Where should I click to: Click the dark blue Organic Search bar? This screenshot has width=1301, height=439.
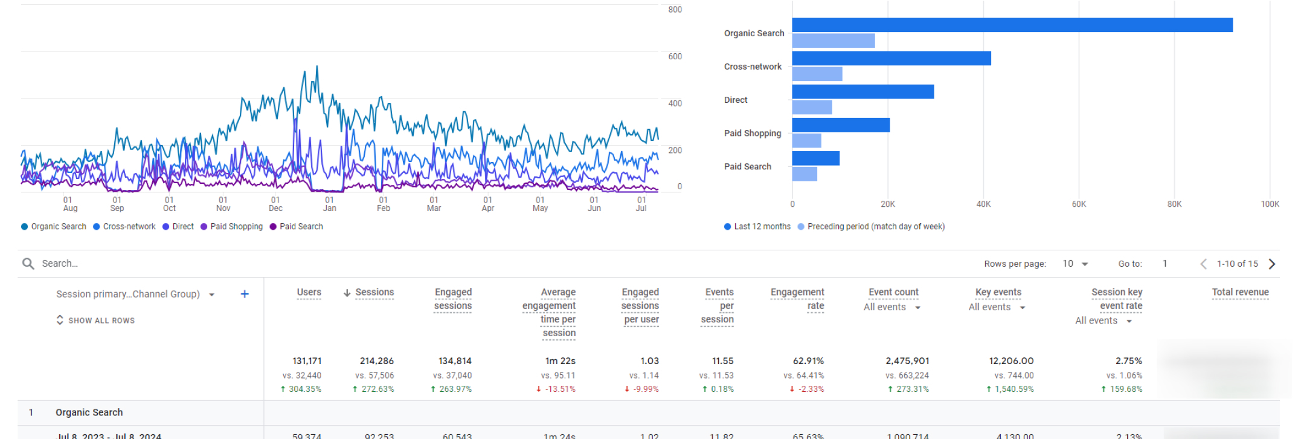click(x=1012, y=25)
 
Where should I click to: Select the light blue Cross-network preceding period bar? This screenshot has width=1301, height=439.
click(x=817, y=74)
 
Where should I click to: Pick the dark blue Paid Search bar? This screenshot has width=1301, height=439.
click(x=815, y=158)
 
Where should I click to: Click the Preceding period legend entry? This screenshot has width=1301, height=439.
click(x=871, y=227)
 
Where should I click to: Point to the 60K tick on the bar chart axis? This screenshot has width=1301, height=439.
click(x=1079, y=204)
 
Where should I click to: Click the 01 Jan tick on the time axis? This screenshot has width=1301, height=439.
click(x=329, y=204)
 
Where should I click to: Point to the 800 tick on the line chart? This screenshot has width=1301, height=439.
click(x=675, y=10)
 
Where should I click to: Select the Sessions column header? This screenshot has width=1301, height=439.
click(x=374, y=293)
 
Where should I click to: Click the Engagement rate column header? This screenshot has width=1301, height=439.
click(x=797, y=299)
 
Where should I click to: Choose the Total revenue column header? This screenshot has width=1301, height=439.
click(x=1240, y=293)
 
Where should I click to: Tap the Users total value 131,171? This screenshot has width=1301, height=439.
click(x=307, y=361)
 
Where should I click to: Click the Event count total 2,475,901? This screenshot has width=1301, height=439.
click(x=907, y=361)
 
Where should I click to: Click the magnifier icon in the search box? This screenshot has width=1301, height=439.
click(x=28, y=264)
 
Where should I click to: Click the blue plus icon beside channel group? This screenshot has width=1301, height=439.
click(x=245, y=294)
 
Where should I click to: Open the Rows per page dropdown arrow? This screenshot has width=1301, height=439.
click(x=1085, y=264)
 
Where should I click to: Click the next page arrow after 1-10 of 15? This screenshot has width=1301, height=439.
click(x=1272, y=264)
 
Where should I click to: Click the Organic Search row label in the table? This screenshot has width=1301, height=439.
click(x=89, y=412)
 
